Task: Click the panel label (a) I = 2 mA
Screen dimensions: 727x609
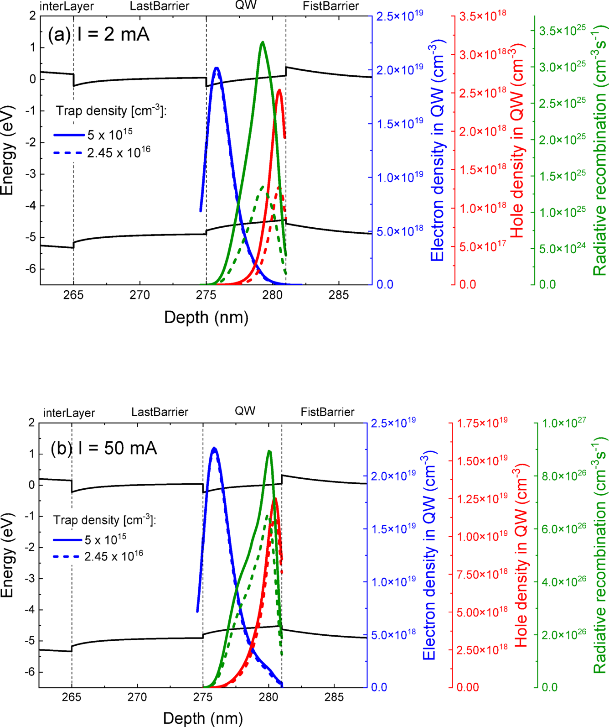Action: [x=98, y=34]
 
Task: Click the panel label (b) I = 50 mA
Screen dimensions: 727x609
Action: [x=104, y=448]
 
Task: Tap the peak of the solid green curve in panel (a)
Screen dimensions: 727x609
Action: [x=262, y=42]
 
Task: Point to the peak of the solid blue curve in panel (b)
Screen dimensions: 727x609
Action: [x=214, y=448]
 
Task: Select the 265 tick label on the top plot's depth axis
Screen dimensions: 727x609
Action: [x=73, y=295]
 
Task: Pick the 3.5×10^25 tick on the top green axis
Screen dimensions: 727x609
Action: [x=562, y=31]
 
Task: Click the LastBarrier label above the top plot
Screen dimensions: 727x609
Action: [x=159, y=6]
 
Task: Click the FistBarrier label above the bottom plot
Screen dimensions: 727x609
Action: [x=327, y=412]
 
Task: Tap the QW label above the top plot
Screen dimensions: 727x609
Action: [x=246, y=5]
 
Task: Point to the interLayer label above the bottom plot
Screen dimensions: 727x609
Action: [x=69, y=413]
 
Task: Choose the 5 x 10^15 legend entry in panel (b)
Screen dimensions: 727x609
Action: [x=105, y=540]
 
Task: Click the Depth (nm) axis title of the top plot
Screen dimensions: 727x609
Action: [x=206, y=317]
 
